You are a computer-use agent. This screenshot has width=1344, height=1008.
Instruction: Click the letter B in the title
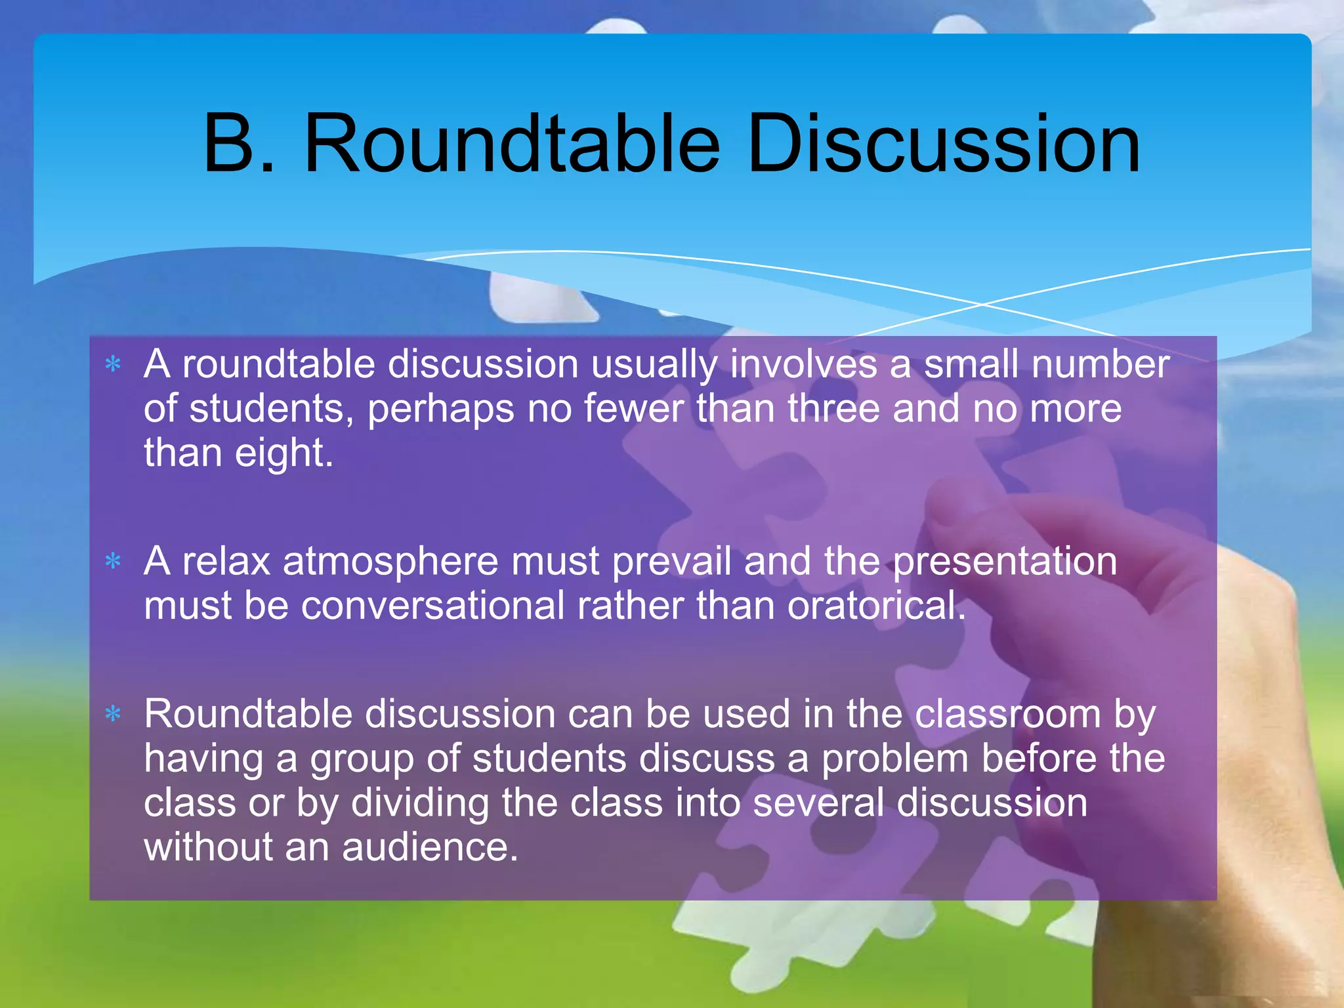pyautogui.click(x=230, y=144)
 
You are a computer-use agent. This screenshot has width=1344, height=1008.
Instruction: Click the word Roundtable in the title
pyautogui.click(x=511, y=144)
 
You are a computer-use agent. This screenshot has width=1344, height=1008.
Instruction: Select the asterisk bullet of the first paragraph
pyautogui.click(x=114, y=364)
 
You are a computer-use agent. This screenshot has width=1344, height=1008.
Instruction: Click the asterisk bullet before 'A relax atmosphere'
pyautogui.click(x=114, y=562)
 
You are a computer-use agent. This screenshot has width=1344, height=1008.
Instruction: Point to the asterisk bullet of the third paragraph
pyautogui.click(x=114, y=714)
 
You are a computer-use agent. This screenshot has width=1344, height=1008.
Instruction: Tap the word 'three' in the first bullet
pyautogui.click(x=833, y=409)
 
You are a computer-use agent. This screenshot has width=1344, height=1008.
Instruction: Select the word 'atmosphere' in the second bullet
pyautogui.click(x=390, y=562)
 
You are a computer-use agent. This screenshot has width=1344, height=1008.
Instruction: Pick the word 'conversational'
pyautogui.click(x=433, y=605)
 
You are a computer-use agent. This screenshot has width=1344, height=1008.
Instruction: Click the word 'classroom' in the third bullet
pyautogui.click(x=1007, y=714)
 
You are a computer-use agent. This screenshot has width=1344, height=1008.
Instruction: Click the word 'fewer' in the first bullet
pyautogui.click(x=633, y=409)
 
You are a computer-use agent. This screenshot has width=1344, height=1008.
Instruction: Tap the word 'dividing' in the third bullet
pyautogui.click(x=420, y=803)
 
